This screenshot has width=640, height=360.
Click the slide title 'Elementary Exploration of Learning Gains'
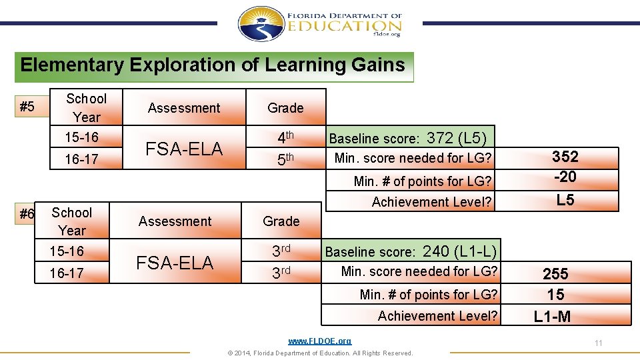point(213,65)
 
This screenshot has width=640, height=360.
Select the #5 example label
point(27,107)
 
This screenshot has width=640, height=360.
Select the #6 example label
point(27,214)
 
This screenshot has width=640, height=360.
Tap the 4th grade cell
point(285,137)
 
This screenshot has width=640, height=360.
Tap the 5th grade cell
point(285,159)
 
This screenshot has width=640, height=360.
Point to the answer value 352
point(565,157)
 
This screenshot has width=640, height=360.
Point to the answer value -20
point(565,177)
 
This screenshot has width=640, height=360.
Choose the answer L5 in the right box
point(565,199)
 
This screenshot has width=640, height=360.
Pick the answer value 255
point(555,273)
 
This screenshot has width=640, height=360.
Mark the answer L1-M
point(552,317)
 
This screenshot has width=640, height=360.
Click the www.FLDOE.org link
point(319,341)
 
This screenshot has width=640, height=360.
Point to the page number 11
point(598,343)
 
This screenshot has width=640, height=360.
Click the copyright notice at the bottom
point(320,353)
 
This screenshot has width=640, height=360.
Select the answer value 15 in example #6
point(555,295)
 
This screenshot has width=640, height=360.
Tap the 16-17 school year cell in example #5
point(81,159)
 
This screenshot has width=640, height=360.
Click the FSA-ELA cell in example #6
point(175,263)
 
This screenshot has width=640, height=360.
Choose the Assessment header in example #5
point(184,108)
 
